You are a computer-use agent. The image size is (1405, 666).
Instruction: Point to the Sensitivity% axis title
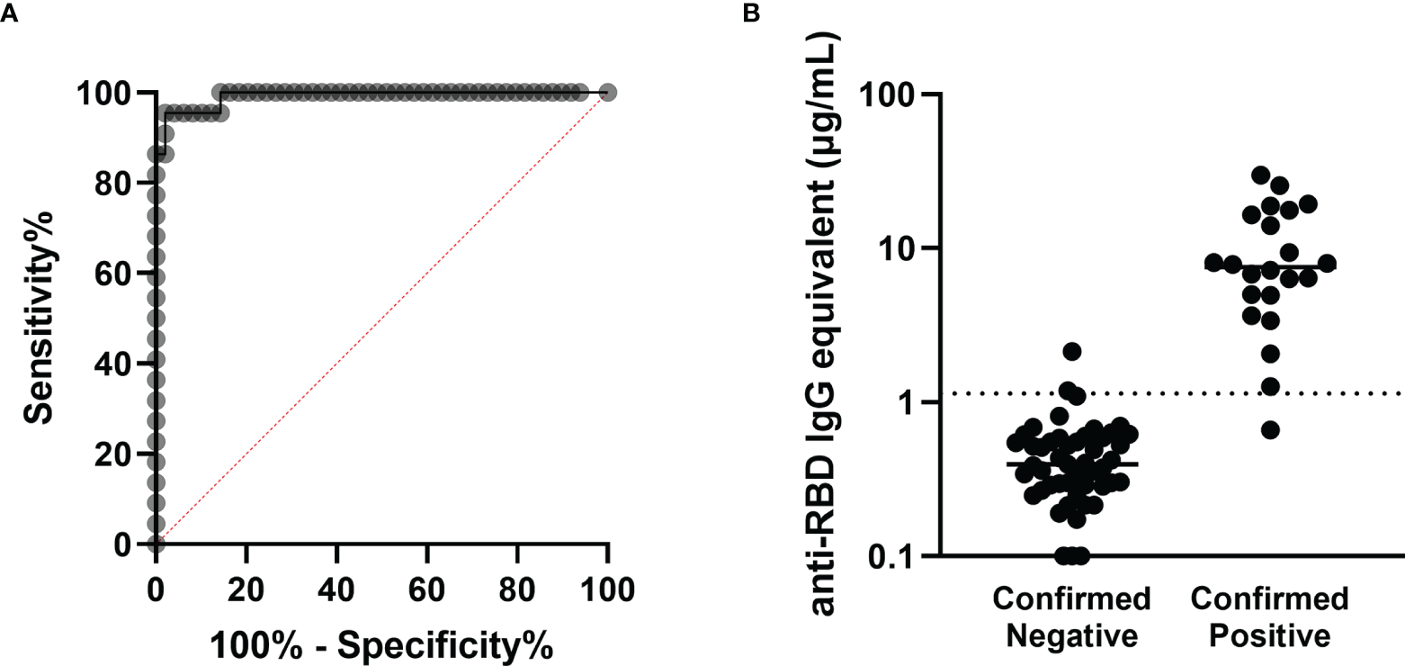tap(39, 318)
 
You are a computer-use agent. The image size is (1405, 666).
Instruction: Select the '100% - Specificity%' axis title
tap(380, 643)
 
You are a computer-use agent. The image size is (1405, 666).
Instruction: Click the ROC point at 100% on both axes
tap(607, 93)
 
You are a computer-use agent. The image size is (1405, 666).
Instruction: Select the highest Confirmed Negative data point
tap(1071, 351)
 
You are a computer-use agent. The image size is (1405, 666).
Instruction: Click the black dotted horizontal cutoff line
tap(1169, 393)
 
